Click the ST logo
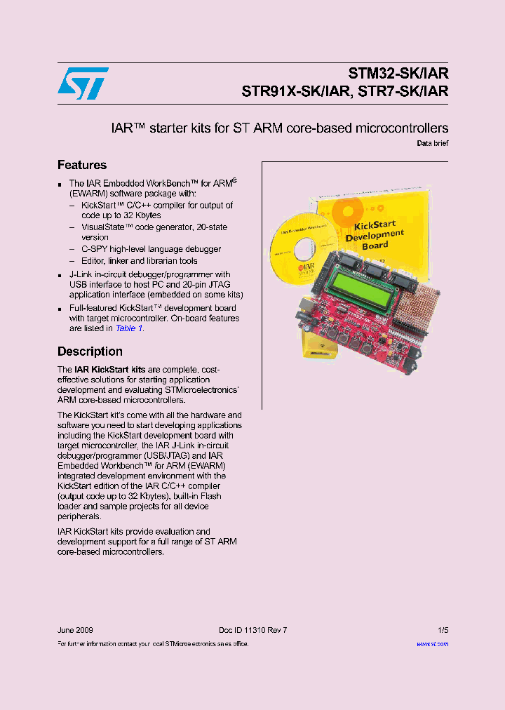tap(83, 83)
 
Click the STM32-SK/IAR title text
tap(398, 74)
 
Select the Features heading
tap(82, 165)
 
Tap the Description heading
tap(90, 351)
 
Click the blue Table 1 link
tap(129, 328)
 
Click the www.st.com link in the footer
tap(432, 643)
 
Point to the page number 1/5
tap(443, 630)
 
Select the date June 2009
tap(75, 630)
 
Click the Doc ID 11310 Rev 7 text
tap(252, 630)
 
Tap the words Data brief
tap(433, 143)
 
